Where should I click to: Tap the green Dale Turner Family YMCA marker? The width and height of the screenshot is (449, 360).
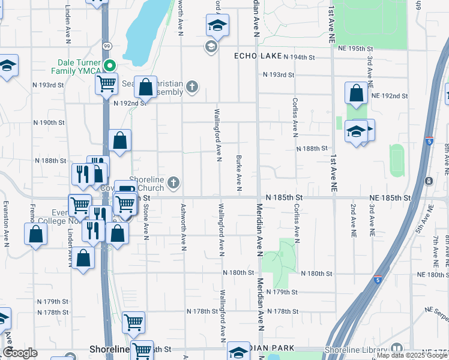click(110, 65)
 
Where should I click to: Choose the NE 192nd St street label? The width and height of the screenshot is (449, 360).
click(390, 96)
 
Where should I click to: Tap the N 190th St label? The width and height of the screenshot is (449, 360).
click(49, 122)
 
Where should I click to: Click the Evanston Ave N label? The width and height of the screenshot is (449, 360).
click(5, 220)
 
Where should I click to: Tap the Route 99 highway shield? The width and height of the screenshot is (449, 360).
click(106, 46)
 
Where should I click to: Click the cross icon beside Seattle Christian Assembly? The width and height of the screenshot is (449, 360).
click(191, 88)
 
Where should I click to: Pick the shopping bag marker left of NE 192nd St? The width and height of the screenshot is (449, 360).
click(356, 93)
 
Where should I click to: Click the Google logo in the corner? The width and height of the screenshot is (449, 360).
click(20, 353)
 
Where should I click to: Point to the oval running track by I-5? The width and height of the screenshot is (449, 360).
click(397, 160)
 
